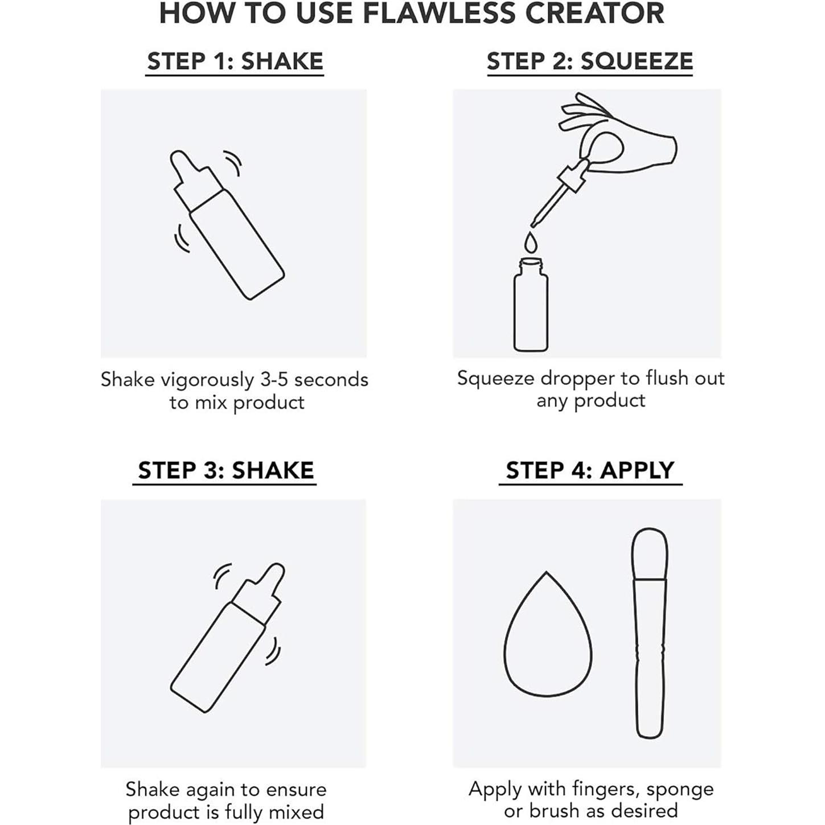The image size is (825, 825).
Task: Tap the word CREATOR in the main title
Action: [x=594, y=13]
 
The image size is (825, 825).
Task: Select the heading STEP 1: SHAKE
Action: [x=235, y=61]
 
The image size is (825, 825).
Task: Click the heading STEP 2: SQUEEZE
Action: [x=589, y=61]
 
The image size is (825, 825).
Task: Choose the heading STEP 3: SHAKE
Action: [x=225, y=470]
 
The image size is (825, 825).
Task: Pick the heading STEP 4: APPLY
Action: [x=590, y=470]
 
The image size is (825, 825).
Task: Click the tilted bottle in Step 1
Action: [x=227, y=225]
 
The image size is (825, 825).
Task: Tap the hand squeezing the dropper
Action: [x=619, y=133]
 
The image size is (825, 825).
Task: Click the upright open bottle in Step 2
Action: [x=531, y=305]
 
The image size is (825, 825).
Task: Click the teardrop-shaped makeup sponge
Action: [x=548, y=634]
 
